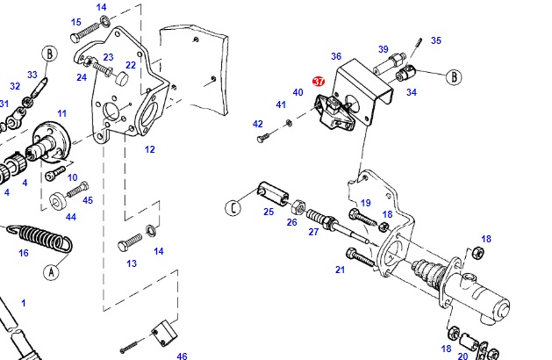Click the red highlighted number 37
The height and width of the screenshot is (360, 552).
click(319, 81)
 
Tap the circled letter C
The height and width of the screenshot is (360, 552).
click(233, 208)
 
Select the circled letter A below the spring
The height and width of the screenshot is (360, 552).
click(51, 271)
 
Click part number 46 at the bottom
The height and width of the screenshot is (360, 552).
click(182, 356)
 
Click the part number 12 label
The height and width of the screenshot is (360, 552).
click(150, 149)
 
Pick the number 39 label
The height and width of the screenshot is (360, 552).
click(384, 49)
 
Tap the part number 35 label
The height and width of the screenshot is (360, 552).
click(436, 40)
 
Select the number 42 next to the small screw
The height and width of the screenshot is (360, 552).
click(258, 124)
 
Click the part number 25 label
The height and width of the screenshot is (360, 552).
click(269, 212)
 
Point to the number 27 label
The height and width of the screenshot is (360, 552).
click(313, 232)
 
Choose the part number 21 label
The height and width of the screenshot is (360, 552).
click(340, 270)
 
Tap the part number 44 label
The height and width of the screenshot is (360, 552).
click(71, 217)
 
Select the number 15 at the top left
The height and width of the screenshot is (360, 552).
click(75, 22)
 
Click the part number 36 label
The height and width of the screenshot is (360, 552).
click(336, 56)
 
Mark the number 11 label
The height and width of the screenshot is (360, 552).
click(62, 113)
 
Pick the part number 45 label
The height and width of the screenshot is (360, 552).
click(88, 200)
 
